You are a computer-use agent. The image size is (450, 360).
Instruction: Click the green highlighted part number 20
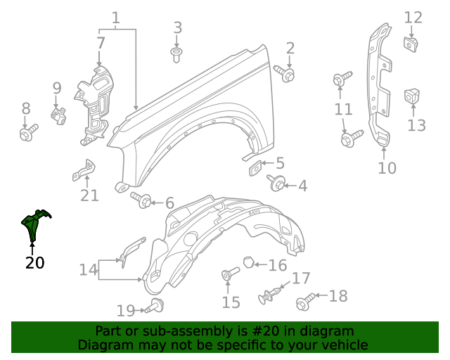coord(35,223)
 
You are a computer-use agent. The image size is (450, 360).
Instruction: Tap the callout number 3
coord(178,28)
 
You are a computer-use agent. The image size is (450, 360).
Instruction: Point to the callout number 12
coord(413,18)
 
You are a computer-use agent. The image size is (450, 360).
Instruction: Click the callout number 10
coord(387,168)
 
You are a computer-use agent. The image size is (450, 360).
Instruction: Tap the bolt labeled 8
coord(27,132)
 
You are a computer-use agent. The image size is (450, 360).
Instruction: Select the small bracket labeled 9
coord(59,114)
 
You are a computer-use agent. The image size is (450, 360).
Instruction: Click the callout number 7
coord(101,43)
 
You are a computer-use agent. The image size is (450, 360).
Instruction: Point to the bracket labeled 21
coord(84,170)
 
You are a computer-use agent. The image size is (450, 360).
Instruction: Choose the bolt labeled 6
coord(143,201)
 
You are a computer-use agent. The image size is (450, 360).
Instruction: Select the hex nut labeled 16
coord(248,263)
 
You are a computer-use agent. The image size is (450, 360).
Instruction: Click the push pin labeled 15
coord(227,276)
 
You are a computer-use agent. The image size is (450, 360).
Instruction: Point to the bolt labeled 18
coord(306,302)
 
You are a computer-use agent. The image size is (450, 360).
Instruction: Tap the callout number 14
coord(88,270)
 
